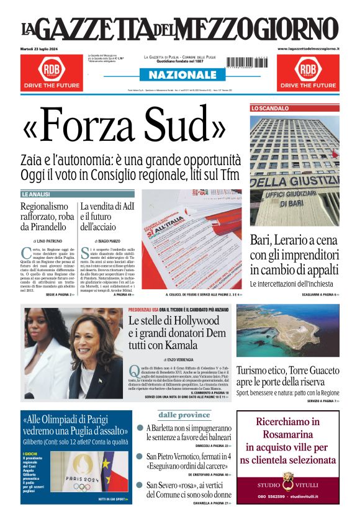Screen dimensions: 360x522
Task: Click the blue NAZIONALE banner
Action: pyautogui.click(x=179, y=75)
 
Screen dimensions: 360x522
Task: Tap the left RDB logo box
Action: pyautogui.click(x=52, y=69)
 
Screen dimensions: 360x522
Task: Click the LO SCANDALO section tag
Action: pyautogui.click(x=270, y=108)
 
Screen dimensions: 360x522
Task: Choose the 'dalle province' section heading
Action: pyautogui.click(x=184, y=415)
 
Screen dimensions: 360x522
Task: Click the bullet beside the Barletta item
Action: pyautogui.click(x=141, y=428)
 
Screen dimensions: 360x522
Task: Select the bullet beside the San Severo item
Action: pyautogui.click(x=141, y=485)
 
